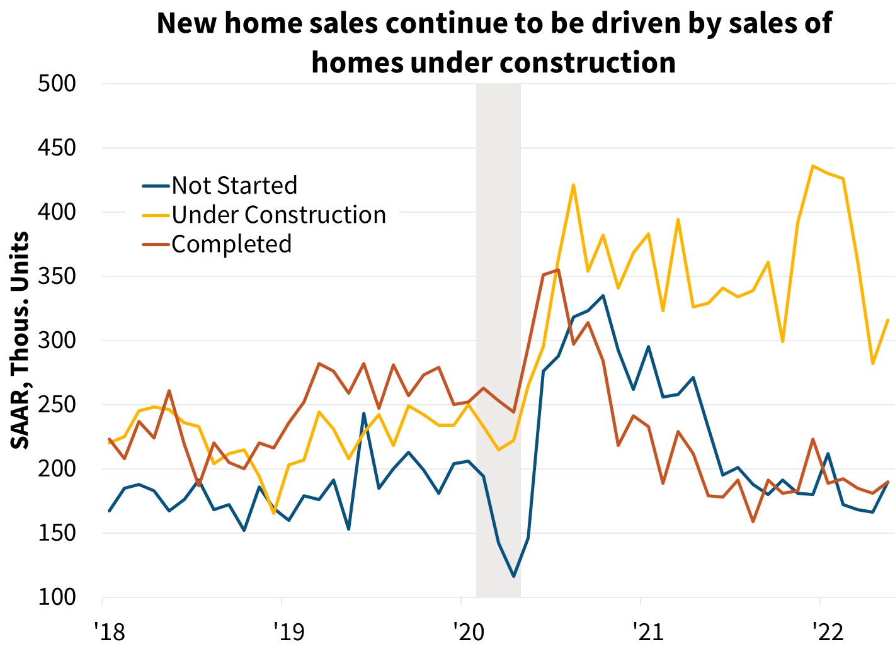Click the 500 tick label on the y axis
tap(57, 83)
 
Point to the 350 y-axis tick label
tap(57, 276)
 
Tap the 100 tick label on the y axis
tap(57, 597)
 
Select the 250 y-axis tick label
tap(57, 404)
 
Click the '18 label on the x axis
tap(110, 631)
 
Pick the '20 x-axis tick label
tap(469, 631)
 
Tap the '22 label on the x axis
tap(828, 631)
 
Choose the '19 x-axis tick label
tap(289, 631)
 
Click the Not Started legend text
tap(234, 186)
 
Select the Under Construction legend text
tap(278, 215)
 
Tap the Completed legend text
tap(231, 244)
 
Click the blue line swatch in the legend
tap(156, 186)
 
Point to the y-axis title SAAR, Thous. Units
tap(20, 340)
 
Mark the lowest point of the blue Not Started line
tap(514, 576)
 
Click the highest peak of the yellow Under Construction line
tap(813, 166)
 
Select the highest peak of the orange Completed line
tap(558, 269)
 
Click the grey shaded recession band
tap(498, 340)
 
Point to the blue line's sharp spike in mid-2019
tap(363, 414)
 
